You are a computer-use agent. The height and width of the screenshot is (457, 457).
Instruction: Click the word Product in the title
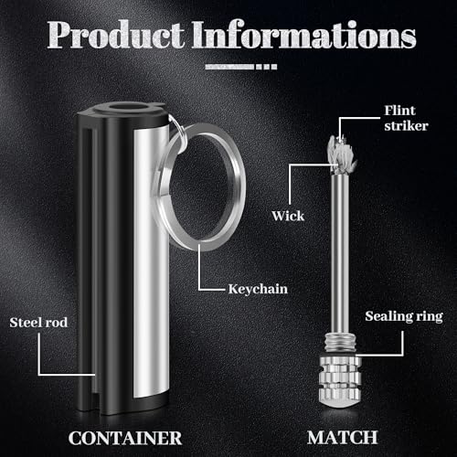pos(116,34)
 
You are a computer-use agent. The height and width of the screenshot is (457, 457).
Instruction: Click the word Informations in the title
pos(304,34)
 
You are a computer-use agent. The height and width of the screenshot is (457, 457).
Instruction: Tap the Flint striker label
pos(406,118)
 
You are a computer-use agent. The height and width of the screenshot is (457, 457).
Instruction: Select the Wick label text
pos(288,216)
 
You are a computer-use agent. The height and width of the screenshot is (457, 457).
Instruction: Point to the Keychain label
pos(258,289)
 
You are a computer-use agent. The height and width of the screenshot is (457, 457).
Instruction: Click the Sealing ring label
pos(404,316)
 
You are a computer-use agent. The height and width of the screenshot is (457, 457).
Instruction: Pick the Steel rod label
pos(38,323)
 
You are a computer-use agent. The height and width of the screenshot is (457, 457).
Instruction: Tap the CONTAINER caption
pos(125,438)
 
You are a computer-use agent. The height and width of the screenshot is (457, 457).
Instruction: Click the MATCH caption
pos(343,438)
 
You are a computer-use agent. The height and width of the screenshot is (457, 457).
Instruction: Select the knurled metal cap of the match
pos(340,381)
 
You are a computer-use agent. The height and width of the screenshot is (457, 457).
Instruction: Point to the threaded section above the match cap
pos(340,342)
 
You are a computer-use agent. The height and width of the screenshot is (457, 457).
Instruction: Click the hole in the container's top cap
pos(127,108)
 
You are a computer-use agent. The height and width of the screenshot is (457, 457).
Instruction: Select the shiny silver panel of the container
pos(152,262)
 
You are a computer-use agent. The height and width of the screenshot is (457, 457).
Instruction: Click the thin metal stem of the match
pos(340,253)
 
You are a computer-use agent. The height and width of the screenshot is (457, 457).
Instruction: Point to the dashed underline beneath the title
pos(241,67)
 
